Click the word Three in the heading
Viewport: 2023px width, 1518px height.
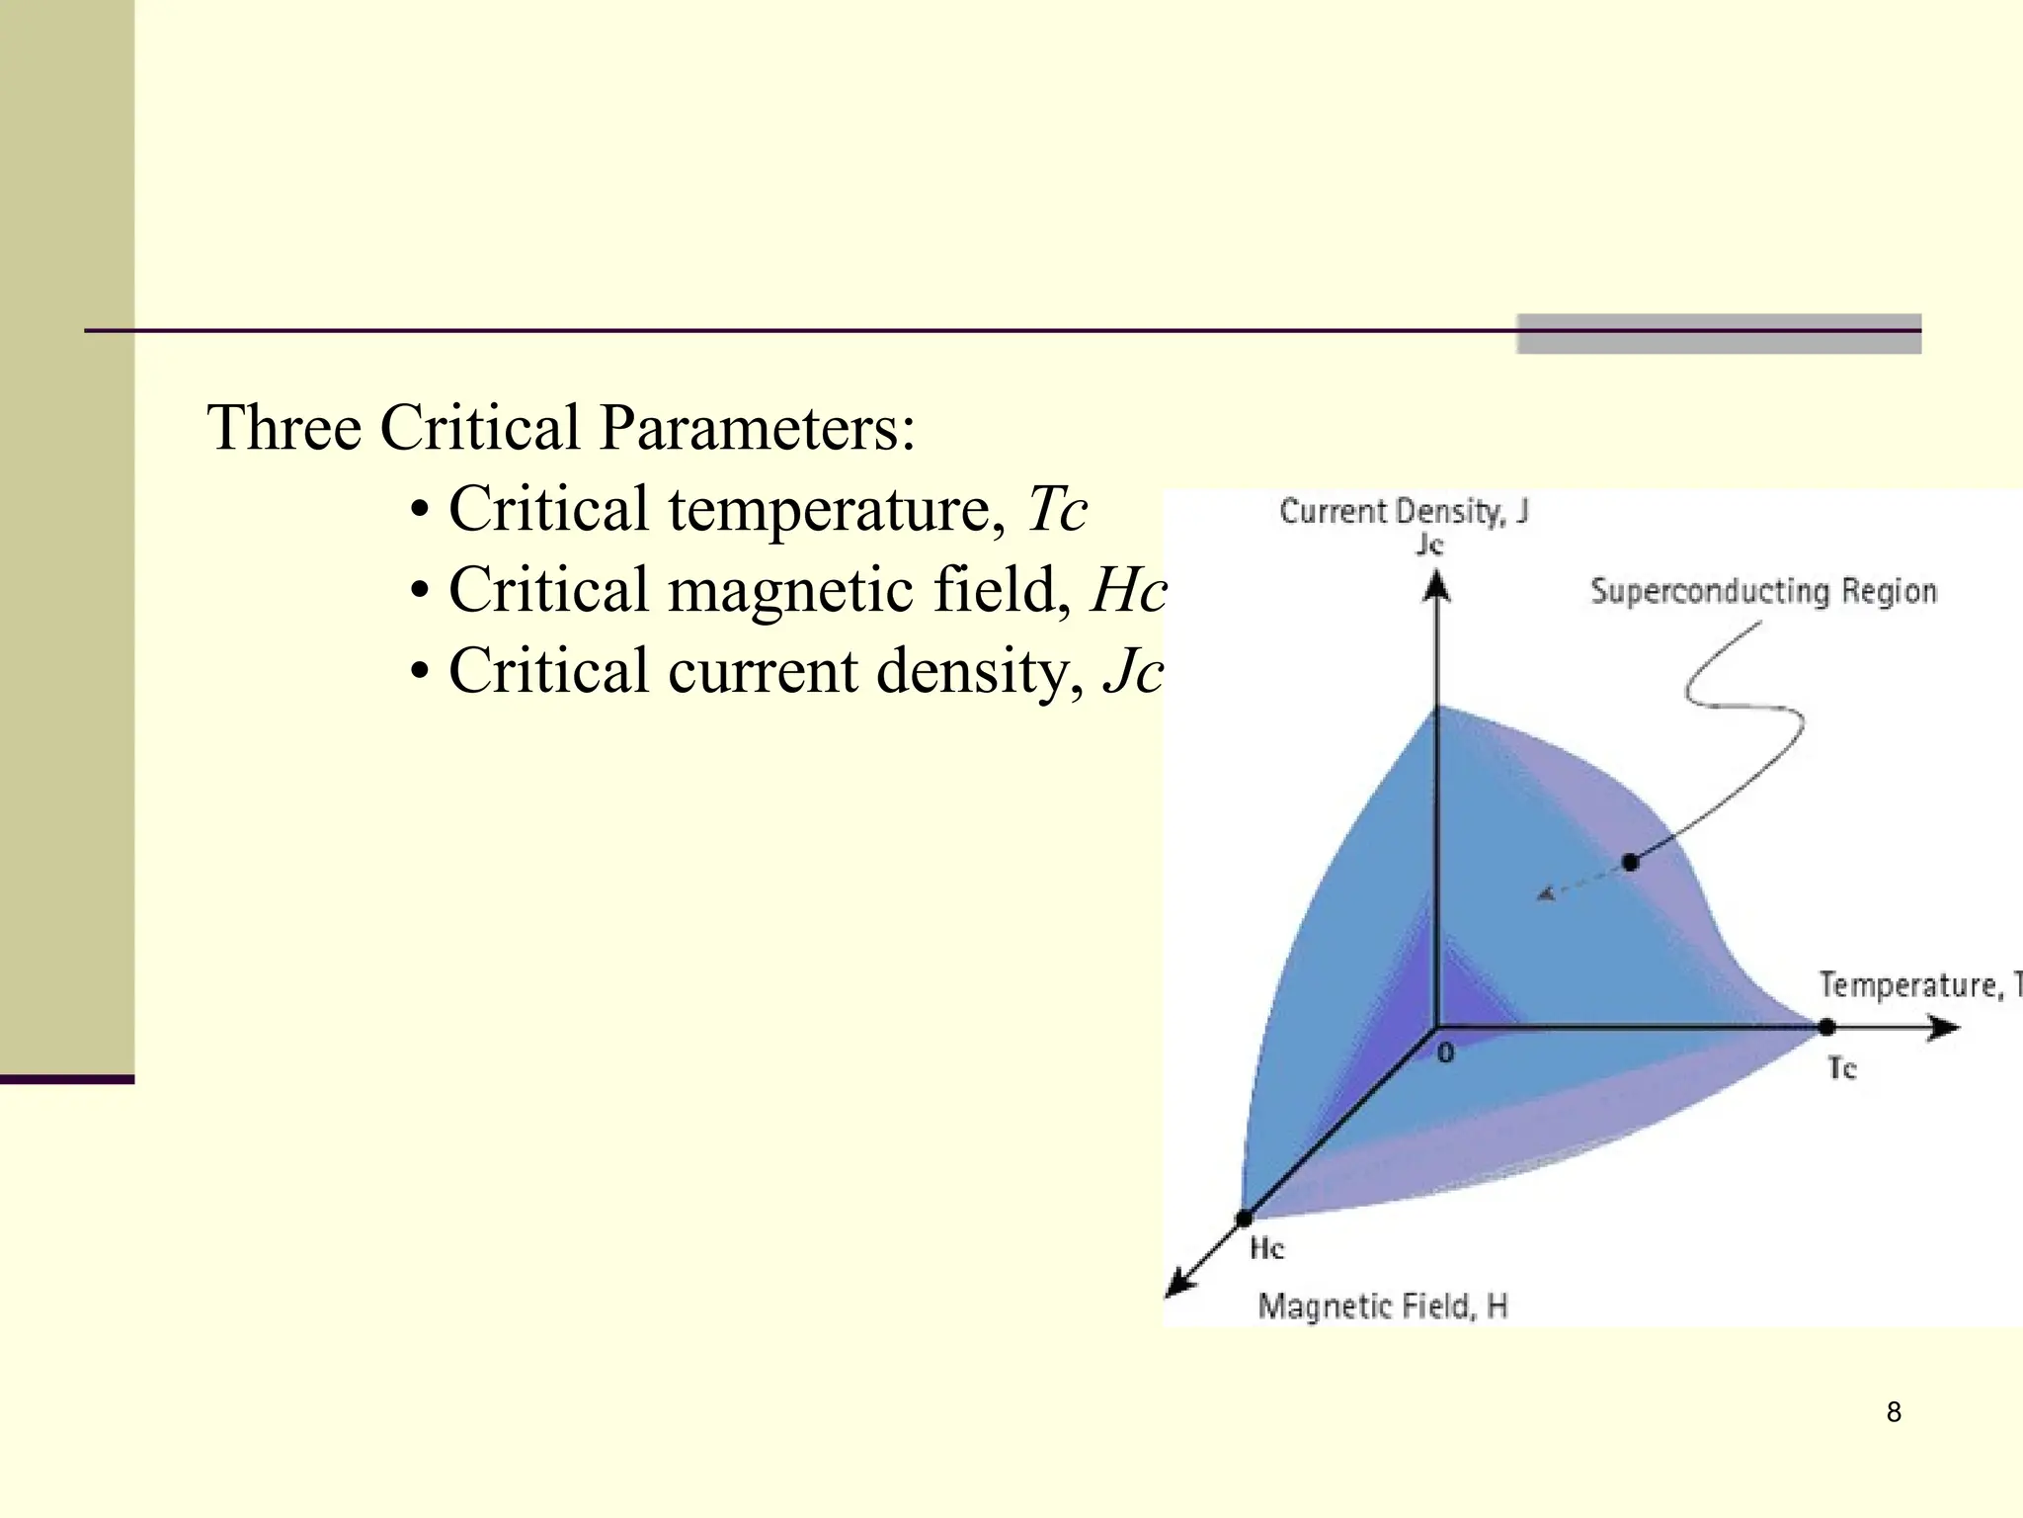click(283, 428)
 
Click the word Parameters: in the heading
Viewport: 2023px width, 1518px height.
click(757, 430)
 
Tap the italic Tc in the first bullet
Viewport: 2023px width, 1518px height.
click(1057, 510)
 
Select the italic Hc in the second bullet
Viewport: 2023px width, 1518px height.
click(1128, 591)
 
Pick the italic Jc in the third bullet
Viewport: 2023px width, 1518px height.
click(1133, 672)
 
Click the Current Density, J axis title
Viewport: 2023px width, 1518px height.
click(1403, 511)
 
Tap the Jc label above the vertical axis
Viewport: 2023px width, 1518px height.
click(1429, 544)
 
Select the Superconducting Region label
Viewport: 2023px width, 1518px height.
click(1762, 591)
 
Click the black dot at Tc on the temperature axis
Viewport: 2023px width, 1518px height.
click(1826, 1028)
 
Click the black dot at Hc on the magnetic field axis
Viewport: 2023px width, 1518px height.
click(1245, 1219)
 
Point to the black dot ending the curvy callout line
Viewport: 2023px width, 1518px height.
click(1631, 863)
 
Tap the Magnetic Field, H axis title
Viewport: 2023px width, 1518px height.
click(1382, 1307)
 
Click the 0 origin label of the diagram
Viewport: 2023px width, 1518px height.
click(1446, 1054)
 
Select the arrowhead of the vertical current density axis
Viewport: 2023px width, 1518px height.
click(1436, 589)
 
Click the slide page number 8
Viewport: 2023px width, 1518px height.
click(1894, 1412)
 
